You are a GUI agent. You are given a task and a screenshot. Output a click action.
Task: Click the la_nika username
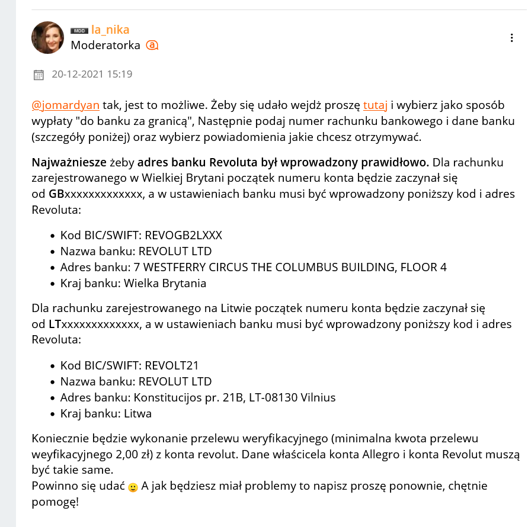pos(110,30)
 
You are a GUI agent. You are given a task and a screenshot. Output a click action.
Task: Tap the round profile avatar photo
pos(47,37)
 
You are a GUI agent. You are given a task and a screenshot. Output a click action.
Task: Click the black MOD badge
pos(79,30)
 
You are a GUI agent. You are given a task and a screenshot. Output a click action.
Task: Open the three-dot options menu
pos(512,38)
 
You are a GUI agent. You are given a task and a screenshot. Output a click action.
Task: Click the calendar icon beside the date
pos(39,75)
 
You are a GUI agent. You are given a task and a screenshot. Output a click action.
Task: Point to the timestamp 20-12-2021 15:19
pos(92,75)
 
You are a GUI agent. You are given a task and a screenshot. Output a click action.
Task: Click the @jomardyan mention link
pos(65,106)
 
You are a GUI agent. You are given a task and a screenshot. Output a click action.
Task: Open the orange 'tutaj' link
pos(375,106)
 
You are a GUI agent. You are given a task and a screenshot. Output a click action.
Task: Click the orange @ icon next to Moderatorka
pos(152,45)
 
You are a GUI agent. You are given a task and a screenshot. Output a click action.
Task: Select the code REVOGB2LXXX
pos(183,235)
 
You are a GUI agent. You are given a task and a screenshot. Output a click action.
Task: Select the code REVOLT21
pos(172,365)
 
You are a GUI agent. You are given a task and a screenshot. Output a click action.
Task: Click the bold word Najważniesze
pos(68,162)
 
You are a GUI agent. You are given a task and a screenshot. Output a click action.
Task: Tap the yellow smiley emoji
pos(133,487)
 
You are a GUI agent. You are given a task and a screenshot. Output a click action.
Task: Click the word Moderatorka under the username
pos(105,46)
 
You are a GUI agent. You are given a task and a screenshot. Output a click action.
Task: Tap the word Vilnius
pos(316,397)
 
